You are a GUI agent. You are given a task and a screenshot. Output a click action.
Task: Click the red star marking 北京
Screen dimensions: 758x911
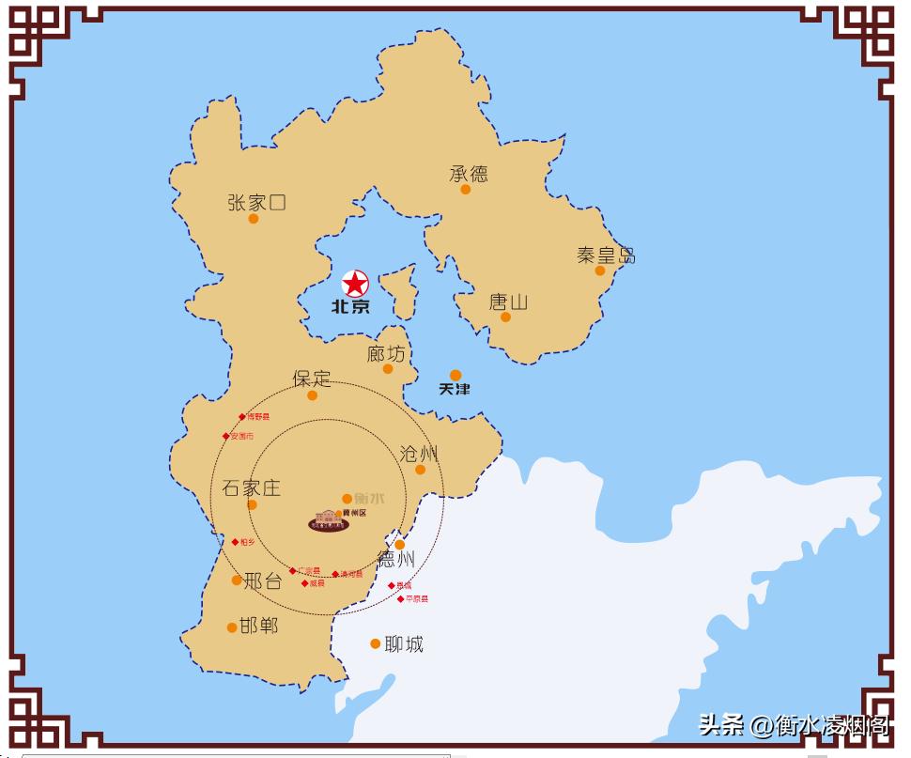[x=355, y=283]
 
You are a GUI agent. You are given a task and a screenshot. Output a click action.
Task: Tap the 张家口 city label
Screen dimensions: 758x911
[x=256, y=202]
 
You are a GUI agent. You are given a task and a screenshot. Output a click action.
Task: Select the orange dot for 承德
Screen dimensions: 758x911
[x=465, y=189]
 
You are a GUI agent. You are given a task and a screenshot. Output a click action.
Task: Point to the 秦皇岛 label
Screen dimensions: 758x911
[x=606, y=255]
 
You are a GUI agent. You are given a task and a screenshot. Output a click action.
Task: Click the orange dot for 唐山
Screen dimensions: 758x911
[x=505, y=317]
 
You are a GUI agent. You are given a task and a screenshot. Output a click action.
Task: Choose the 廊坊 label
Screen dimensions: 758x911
[x=386, y=353]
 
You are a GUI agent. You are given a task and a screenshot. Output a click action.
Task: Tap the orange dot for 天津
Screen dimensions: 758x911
[x=455, y=375]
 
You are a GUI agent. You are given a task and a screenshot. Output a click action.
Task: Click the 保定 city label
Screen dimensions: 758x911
[x=312, y=379]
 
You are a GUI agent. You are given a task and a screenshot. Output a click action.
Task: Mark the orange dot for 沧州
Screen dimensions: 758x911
[x=420, y=470]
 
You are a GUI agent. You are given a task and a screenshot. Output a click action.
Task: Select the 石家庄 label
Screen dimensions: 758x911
[x=252, y=488]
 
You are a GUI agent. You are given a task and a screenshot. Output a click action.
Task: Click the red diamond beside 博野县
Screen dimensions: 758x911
[x=241, y=417]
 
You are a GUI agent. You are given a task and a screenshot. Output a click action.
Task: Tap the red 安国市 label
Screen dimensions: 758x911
[x=241, y=437]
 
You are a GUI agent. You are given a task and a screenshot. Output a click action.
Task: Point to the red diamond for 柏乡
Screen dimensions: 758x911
[x=235, y=542]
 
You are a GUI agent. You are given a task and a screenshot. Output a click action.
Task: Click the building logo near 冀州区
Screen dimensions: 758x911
[x=329, y=521]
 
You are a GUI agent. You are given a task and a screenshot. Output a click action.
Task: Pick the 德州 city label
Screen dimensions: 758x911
[x=395, y=560]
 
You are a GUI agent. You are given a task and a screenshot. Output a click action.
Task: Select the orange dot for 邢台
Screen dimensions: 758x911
[x=237, y=580]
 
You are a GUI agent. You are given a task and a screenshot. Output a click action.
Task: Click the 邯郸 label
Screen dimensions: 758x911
[x=259, y=626]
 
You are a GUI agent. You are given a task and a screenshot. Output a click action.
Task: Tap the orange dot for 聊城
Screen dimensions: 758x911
[x=375, y=643]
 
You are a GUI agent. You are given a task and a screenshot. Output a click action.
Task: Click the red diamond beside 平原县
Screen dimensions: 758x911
[x=400, y=598]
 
